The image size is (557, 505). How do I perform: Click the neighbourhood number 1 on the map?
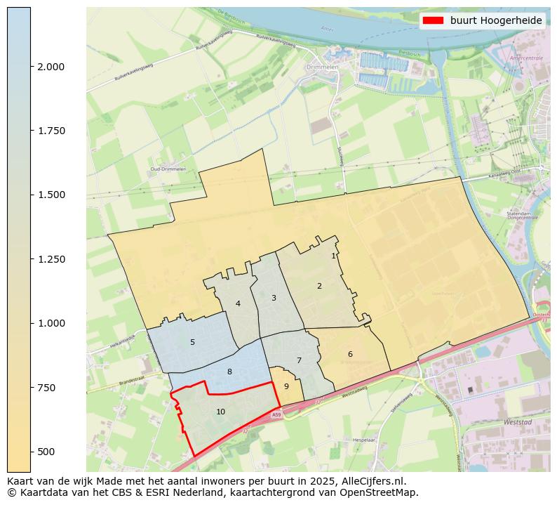point(333,256)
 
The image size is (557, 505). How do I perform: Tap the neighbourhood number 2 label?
point(319,286)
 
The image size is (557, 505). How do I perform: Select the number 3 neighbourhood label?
point(274,298)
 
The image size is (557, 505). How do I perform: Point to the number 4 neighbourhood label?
point(238,303)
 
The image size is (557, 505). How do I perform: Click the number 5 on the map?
point(192,342)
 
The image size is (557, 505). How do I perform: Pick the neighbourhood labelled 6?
point(350,354)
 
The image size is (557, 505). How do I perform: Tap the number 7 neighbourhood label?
point(299,360)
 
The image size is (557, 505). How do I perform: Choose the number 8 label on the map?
point(229,372)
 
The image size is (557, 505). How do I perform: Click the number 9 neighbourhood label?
point(286,386)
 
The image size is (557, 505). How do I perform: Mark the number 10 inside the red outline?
point(220,412)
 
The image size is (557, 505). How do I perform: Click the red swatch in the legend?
point(433,21)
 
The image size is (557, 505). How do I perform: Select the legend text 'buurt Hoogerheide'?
point(496,21)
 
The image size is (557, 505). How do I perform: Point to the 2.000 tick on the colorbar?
point(51,67)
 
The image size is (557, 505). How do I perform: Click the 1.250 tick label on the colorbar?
point(51,259)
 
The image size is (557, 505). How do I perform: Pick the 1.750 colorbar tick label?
point(51,131)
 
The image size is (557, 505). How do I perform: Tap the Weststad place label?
point(518,422)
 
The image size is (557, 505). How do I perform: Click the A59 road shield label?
point(276,415)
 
